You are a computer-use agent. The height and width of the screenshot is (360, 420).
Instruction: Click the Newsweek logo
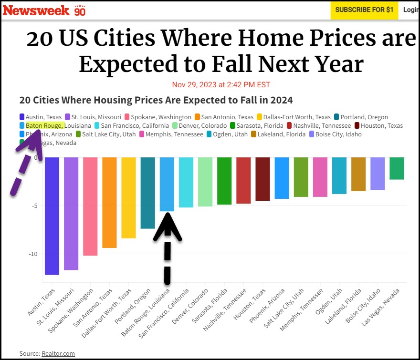[36, 10]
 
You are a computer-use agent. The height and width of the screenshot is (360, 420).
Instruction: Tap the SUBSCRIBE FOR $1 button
[364, 10]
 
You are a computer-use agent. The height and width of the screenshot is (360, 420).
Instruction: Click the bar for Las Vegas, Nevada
[397, 168]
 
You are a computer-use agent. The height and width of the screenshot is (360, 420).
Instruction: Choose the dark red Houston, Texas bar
[262, 179]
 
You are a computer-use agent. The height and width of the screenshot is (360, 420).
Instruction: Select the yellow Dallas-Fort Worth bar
[128, 197]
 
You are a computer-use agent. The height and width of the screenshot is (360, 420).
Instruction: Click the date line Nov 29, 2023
[221, 85]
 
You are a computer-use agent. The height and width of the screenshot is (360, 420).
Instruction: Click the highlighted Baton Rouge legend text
[44, 126]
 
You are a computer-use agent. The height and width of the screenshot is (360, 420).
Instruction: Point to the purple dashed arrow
[24, 165]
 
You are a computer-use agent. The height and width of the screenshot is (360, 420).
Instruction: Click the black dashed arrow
[168, 248]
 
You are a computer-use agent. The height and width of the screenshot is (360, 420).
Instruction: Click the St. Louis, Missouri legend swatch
[68, 117]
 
